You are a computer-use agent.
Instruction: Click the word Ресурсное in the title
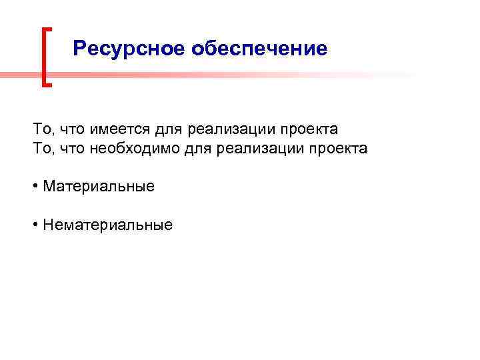[128, 49]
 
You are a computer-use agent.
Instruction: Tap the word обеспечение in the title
[259, 49]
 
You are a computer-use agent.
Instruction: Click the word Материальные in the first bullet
[99, 186]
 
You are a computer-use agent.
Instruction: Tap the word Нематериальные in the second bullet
[107, 225]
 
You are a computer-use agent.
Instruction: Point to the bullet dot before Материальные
[35, 186]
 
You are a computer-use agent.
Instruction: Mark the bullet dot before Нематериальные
[35, 225]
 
